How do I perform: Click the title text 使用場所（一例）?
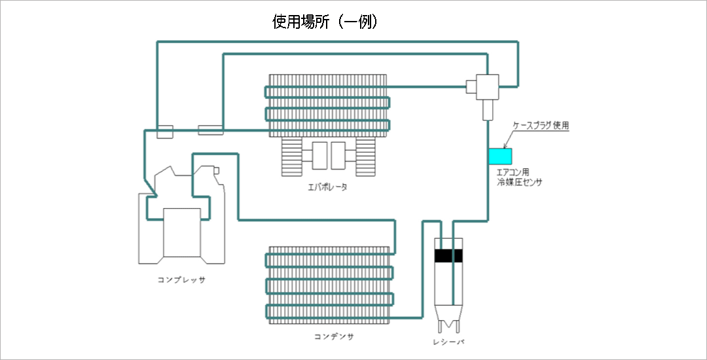point(325,22)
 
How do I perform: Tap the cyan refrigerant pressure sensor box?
point(501,156)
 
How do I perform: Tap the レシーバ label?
point(448,342)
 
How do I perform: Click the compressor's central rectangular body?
point(181,232)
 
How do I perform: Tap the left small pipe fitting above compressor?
point(164,131)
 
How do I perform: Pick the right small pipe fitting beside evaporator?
point(211,131)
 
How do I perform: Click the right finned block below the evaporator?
point(365,157)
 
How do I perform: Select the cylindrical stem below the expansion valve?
point(487,111)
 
